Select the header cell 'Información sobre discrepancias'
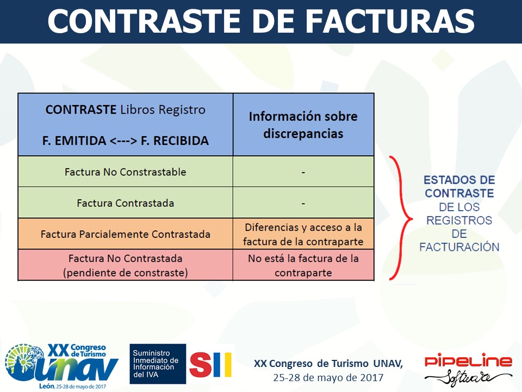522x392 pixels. pyautogui.click(x=303, y=125)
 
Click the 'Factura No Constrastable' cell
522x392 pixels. pyautogui.click(x=126, y=171)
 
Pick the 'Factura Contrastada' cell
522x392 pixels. pyautogui.click(x=126, y=203)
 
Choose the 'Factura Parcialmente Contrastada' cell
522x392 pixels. pyautogui.click(x=126, y=234)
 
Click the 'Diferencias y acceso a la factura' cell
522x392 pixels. pyautogui.click(x=303, y=234)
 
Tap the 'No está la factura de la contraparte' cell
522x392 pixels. pyautogui.click(x=303, y=265)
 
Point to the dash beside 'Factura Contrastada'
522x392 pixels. pyautogui.click(x=303, y=203)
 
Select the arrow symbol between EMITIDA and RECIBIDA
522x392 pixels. pyautogui.click(x=123, y=141)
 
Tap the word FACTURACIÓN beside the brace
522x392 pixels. pyautogui.click(x=459, y=247)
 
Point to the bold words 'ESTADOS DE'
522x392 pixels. pyautogui.click(x=459, y=180)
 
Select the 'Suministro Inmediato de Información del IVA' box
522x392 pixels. pyautogui.click(x=158, y=364)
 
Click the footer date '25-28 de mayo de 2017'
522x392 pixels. pyautogui.click(x=328, y=378)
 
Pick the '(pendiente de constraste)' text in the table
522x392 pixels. pyautogui.click(x=126, y=273)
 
